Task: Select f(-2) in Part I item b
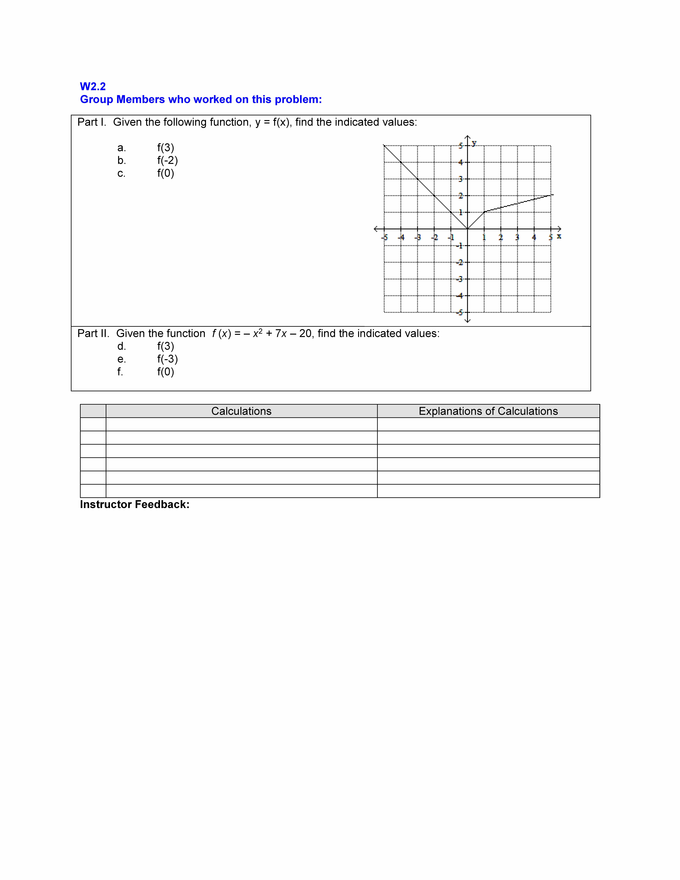pyautogui.click(x=167, y=160)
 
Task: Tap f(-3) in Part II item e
pyautogui.click(x=167, y=359)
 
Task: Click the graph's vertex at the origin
pyautogui.click(x=467, y=229)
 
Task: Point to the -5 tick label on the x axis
pyautogui.click(x=384, y=237)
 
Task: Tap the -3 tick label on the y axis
pyautogui.click(x=460, y=279)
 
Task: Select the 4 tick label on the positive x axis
pyautogui.click(x=534, y=237)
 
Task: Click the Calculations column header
pyautogui.click(x=241, y=411)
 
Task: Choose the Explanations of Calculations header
pyautogui.click(x=488, y=411)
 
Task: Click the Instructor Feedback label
pyautogui.click(x=135, y=504)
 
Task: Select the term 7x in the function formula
pyautogui.click(x=281, y=334)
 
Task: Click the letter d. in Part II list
pyautogui.click(x=121, y=346)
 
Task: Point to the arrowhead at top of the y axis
pyautogui.click(x=467, y=137)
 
